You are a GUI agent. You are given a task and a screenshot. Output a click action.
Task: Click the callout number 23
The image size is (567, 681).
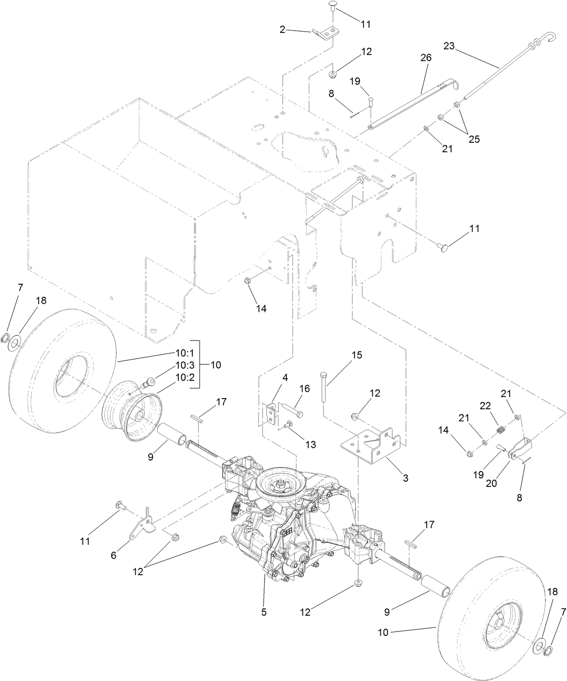pos(449,46)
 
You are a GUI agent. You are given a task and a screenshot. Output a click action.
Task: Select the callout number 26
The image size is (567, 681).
pos(425,58)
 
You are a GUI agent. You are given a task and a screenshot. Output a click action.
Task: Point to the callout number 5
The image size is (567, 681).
pos(264,612)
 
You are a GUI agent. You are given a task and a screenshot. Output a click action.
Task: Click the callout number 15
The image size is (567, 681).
pos(356,355)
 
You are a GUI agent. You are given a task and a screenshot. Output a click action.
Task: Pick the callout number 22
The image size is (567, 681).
pos(485,406)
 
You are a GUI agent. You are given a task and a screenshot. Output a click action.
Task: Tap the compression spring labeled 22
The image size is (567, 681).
pos(499,431)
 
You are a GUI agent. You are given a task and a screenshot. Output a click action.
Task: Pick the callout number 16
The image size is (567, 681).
pos(305,388)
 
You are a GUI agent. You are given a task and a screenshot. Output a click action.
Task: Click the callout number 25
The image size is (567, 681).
pos(474,139)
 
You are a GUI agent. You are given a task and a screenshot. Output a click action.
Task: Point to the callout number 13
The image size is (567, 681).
pos(310,445)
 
